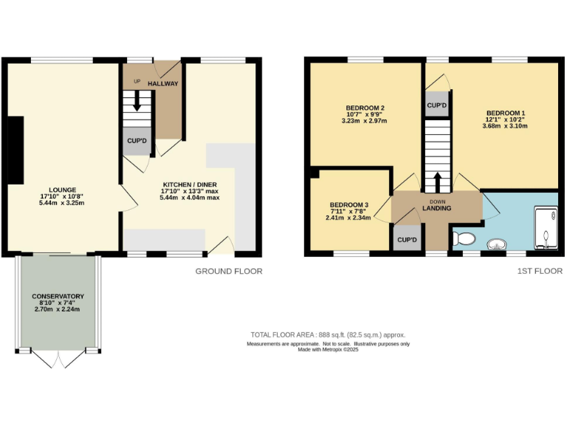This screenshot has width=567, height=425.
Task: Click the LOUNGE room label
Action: [62, 190]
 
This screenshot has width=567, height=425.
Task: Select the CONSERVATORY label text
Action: [58, 296]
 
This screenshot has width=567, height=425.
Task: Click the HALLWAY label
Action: [163, 83]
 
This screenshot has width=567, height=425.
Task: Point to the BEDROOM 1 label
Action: [506, 112]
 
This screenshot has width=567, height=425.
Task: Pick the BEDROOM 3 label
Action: [348, 204]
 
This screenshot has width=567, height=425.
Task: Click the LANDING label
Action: [437, 208]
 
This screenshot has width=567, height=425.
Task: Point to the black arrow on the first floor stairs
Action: [437, 181]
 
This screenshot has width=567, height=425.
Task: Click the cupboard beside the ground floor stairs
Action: [137, 141]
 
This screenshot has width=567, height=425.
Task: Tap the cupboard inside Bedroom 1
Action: [437, 105]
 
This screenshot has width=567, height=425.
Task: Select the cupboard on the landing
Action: [406, 240]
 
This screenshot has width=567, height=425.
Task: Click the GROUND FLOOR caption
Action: [228, 272]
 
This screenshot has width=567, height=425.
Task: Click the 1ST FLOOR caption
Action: [540, 272]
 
